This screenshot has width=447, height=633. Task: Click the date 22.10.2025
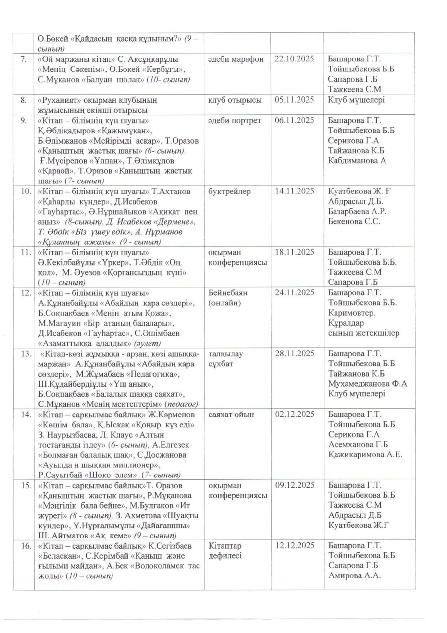pyautogui.click(x=294, y=59)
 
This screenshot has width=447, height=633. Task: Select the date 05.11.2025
pyautogui.click(x=294, y=100)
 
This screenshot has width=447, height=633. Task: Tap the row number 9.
pyautogui.click(x=23, y=120)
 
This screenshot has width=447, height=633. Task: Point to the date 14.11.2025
pyautogui.click(x=295, y=191)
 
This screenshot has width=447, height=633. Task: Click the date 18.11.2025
pyautogui.click(x=295, y=252)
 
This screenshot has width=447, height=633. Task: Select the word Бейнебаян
pyautogui.click(x=228, y=293)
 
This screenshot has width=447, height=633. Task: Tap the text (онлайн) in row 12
pyautogui.click(x=225, y=303)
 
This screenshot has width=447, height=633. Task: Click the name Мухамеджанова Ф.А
pyautogui.click(x=368, y=384)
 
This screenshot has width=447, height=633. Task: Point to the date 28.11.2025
pyautogui.click(x=295, y=353)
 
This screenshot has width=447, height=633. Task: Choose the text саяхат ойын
pyautogui.click(x=231, y=414)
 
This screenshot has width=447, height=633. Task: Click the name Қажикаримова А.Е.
pyautogui.click(x=365, y=454)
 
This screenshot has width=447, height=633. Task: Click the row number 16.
pyautogui.click(x=26, y=546)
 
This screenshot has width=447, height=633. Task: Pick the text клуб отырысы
pyautogui.click(x=235, y=100)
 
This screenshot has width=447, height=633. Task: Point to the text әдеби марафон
pyautogui.click(x=236, y=59)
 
